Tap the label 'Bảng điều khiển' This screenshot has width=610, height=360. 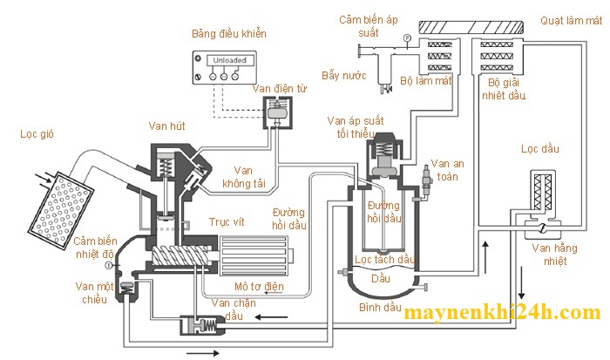pos(228,34)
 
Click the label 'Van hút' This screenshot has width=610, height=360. pos(164,126)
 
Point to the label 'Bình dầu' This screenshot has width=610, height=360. pos(379,308)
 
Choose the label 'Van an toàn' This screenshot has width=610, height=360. pos(452,171)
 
